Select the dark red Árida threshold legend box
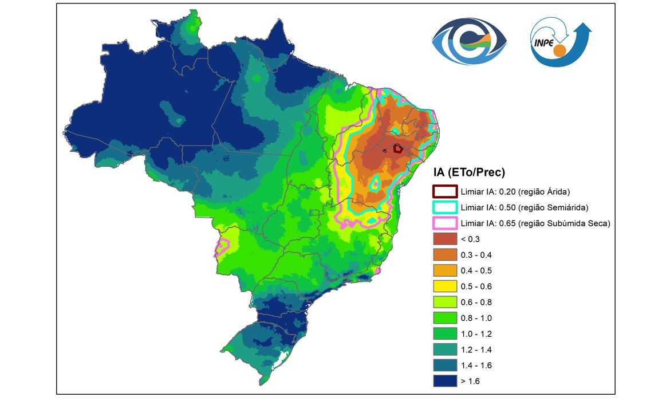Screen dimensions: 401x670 (x=444, y=191)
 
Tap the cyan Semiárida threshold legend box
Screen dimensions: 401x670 (x=444, y=207)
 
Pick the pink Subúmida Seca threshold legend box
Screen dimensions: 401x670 (x=444, y=223)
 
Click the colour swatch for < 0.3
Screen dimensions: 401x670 (x=444, y=239)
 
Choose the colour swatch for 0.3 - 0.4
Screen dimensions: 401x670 (x=444, y=255)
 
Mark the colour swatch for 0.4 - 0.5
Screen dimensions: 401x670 (x=444, y=270)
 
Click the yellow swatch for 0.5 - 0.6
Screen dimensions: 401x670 (x=444, y=286)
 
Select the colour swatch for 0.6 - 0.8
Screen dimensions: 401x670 (x=444, y=302)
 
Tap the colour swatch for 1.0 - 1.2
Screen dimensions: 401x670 (x=444, y=333)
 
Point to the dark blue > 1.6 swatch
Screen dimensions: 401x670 (x=444, y=381)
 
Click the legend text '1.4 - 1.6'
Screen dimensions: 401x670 (x=476, y=365)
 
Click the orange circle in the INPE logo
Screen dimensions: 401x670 (x=558, y=51)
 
